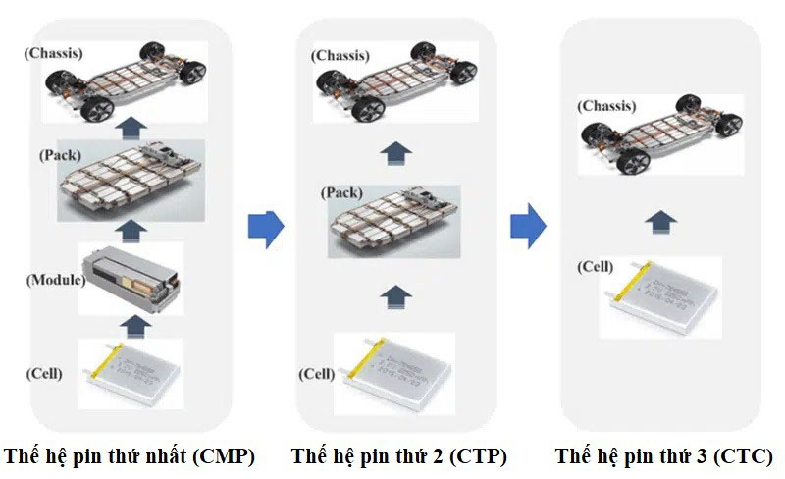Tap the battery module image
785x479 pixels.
tap(131, 278)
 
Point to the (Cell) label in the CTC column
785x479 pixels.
tap(596, 266)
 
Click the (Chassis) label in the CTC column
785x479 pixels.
tap(604, 105)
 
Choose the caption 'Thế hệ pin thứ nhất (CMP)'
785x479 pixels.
tap(129, 456)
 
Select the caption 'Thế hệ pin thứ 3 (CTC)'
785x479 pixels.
tap(663, 456)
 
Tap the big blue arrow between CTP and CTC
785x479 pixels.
tap(527, 227)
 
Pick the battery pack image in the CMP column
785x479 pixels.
tap(131, 180)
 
